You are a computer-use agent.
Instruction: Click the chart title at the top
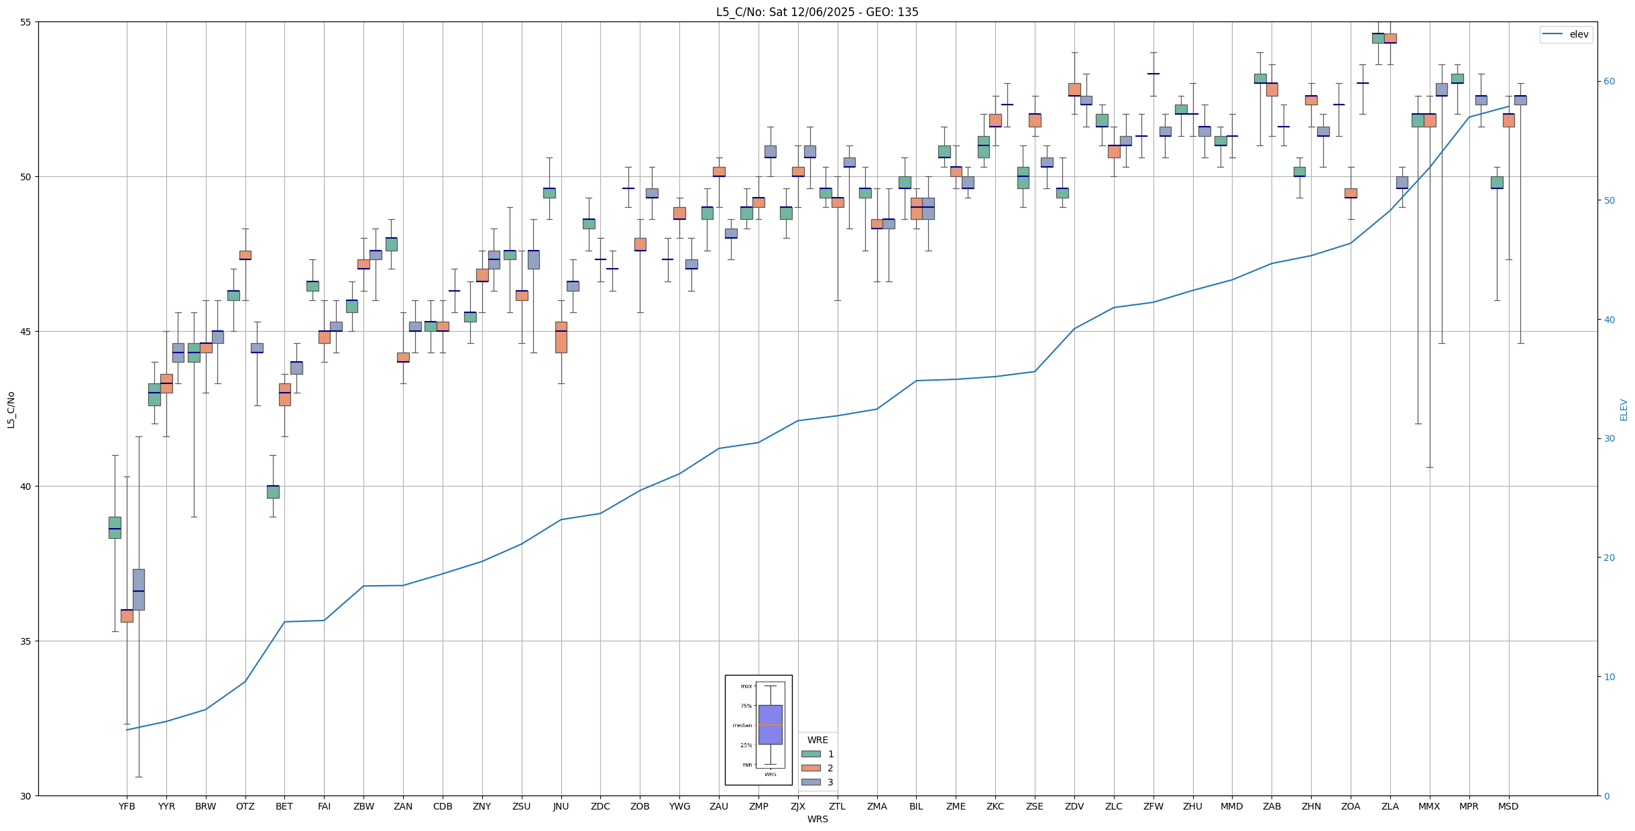click(x=817, y=12)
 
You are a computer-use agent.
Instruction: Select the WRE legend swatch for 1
click(x=810, y=754)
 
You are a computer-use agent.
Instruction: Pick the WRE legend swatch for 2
click(x=810, y=768)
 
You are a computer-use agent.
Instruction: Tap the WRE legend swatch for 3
click(x=810, y=782)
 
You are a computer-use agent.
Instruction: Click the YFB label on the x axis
click(x=127, y=806)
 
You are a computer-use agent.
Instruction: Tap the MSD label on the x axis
click(x=1508, y=806)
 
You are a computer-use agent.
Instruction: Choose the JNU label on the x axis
click(x=561, y=806)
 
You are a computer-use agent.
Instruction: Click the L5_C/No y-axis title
click(x=11, y=409)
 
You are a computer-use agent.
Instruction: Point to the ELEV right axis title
click(x=1624, y=409)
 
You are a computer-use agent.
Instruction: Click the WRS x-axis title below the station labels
click(x=817, y=819)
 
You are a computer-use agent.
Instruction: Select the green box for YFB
click(x=115, y=527)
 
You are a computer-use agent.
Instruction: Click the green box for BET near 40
click(x=273, y=492)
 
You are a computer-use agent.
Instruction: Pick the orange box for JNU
click(x=561, y=337)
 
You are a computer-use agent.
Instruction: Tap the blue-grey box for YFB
click(x=138, y=589)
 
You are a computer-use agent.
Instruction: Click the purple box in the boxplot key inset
click(x=770, y=724)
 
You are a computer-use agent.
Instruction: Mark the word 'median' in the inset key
click(x=742, y=725)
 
